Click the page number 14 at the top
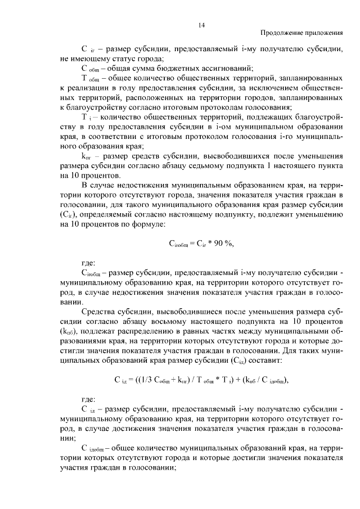click(202, 24)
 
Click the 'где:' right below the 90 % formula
click(89, 263)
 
